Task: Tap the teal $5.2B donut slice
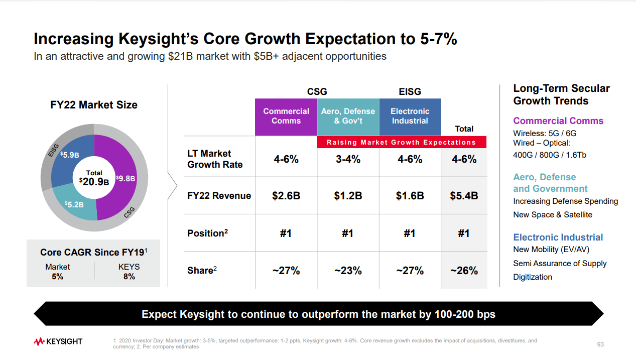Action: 74,204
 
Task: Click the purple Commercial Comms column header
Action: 286,116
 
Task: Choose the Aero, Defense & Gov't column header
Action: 348,116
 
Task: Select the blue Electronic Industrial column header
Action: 410,116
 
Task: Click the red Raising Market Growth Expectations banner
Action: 401,143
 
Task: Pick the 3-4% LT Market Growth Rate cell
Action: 348,159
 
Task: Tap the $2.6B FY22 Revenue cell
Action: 286,196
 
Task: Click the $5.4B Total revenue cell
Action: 464,196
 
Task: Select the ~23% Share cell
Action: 348,271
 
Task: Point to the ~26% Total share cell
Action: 464,271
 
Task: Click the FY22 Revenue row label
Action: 219,196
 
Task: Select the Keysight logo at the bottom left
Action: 58,342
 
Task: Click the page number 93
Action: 600,344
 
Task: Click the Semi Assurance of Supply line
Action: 560,264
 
